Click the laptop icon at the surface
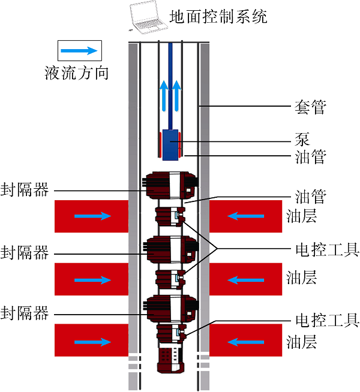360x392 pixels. (148, 17)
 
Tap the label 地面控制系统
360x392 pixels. (218, 17)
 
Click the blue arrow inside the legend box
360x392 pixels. (79, 50)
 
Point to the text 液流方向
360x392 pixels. (77, 73)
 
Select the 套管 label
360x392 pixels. (310, 107)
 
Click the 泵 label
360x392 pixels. (302, 139)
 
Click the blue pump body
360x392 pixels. (170, 144)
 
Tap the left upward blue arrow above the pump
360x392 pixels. (164, 96)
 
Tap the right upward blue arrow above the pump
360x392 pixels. (176, 96)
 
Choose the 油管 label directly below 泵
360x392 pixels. (310, 157)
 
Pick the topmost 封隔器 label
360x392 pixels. (24, 190)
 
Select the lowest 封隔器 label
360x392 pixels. (24, 313)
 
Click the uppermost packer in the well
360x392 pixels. (170, 185)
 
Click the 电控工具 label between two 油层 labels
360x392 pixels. (328, 249)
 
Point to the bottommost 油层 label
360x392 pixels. (301, 342)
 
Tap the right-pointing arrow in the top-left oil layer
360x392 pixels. (92, 216)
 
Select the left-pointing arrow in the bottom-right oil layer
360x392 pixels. (245, 342)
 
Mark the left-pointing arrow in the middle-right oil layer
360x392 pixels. (245, 280)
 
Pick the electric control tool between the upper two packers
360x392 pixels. (170, 216)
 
